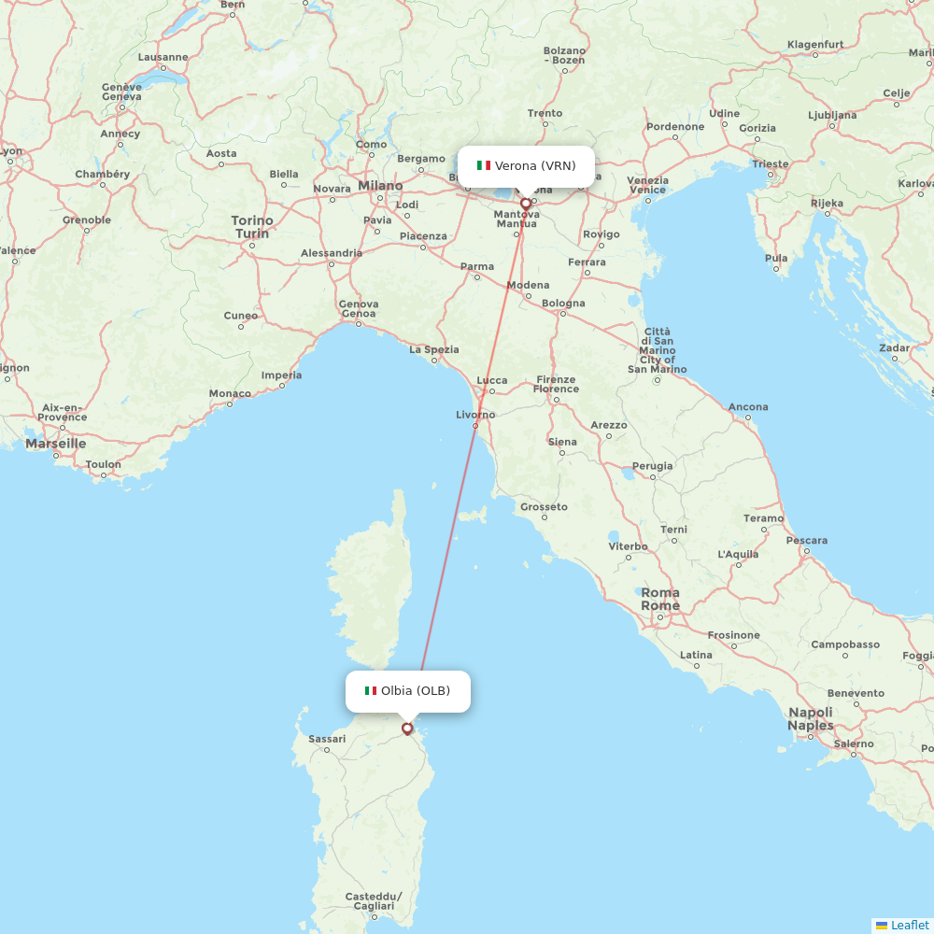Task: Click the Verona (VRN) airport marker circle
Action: click(526, 203)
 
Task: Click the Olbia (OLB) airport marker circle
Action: click(407, 729)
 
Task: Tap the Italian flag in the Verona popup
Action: click(484, 165)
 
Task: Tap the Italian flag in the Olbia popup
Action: click(371, 691)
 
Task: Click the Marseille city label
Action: click(56, 443)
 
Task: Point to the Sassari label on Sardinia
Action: click(327, 739)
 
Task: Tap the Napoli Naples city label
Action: click(810, 718)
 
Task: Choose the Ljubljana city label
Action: click(831, 115)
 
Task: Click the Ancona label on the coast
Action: click(748, 406)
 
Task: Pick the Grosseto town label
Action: click(544, 506)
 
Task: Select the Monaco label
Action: click(230, 393)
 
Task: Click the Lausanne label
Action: click(163, 57)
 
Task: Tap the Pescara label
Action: click(806, 540)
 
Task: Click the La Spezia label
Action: click(434, 349)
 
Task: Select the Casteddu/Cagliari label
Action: click(374, 901)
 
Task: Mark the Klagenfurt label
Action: click(815, 44)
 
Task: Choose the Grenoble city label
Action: click(87, 220)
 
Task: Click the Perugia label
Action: click(652, 465)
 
